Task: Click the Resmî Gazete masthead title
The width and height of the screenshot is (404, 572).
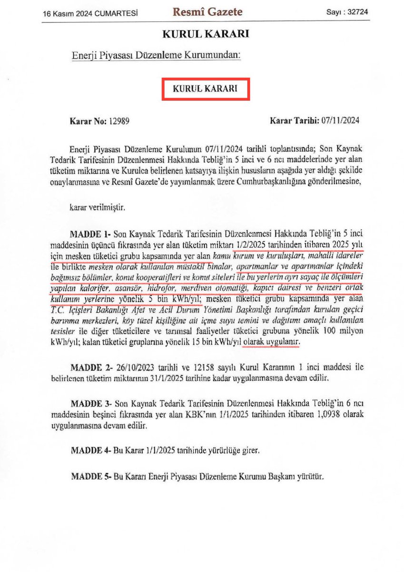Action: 207,12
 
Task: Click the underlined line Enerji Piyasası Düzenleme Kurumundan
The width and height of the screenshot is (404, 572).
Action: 157,56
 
